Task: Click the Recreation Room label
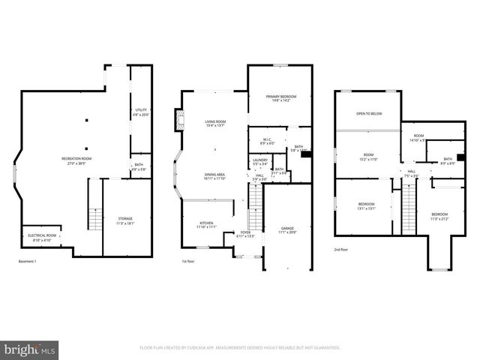coord(76,160)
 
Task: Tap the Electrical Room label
coord(42,237)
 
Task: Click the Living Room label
coord(216,123)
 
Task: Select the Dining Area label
coord(216,177)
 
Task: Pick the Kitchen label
coord(206,224)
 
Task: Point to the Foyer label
coord(246,234)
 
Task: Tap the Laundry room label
coord(260,161)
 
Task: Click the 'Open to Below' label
coord(369,113)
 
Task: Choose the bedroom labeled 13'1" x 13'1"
coord(365,206)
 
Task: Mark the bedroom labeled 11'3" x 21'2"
coord(439,217)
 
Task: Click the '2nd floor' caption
coord(342,250)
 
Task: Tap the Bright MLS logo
coord(30,349)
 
